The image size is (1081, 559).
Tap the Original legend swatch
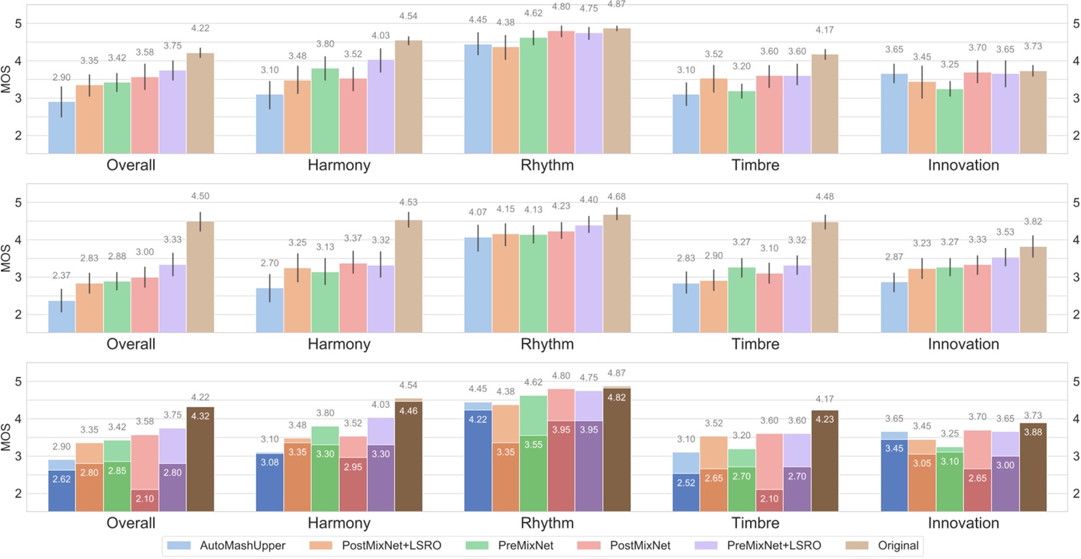(x=857, y=546)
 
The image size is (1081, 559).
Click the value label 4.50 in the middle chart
(x=200, y=196)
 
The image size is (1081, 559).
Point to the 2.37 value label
(x=61, y=275)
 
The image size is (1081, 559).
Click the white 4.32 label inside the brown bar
(x=200, y=416)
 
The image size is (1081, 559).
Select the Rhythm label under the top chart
(x=547, y=166)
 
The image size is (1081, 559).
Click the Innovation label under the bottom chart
(x=963, y=524)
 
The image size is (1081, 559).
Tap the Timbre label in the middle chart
(x=755, y=345)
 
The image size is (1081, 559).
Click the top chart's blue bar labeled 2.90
(x=61, y=127)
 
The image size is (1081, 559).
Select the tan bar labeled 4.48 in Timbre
(x=825, y=277)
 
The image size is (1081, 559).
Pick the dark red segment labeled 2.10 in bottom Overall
(x=144, y=500)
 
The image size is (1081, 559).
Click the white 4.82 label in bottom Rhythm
(x=616, y=397)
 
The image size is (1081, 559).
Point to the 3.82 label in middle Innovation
(x=1032, y=222)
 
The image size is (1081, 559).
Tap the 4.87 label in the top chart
(x=616, y=4)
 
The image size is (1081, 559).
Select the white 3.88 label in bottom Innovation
(x=1032, y=432)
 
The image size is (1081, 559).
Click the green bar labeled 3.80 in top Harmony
(x=325, y=110)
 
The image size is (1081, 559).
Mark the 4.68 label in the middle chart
(x=616, y=197)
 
